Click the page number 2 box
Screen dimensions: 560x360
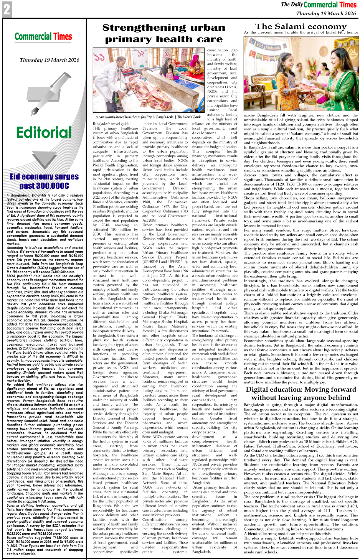(x=7, y=10)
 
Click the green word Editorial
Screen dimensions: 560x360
(x=44, y=132)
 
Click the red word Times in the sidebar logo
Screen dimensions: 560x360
(x=62, y=37)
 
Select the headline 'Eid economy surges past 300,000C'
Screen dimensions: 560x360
(x=44, y=181)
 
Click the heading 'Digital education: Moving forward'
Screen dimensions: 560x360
(x=301, y=389)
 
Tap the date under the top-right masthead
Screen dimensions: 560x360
(x=326, y=13)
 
